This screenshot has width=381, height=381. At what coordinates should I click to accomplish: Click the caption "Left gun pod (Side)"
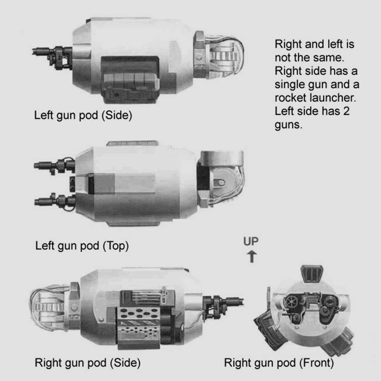[x=83, y=115]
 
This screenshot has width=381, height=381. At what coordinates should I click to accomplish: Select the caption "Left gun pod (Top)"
[x=82, y=246]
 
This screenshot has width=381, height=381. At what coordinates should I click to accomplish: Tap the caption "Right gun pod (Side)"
[x=87, y=363]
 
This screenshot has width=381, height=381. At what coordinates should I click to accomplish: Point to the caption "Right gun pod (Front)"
[x=279, y=363]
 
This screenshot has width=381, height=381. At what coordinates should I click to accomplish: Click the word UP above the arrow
[x=251, y=241]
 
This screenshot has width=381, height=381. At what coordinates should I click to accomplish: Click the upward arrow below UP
[x=252, y=257]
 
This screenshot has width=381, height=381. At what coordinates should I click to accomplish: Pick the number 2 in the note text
[x=346, y=111]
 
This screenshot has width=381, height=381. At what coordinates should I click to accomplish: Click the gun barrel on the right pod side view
[x=233, y=302]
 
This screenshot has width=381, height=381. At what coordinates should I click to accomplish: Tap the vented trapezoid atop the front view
[x=311, y=274]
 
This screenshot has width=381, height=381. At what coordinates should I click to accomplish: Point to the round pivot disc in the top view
[x=220, y=182]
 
